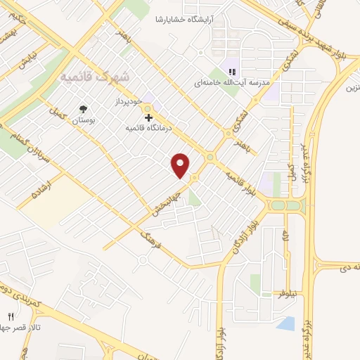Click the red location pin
[x=181, y=165]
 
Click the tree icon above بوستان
[x=84, y=109]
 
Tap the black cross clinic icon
[x=148, y=117]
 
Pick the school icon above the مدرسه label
[x=233, y=70]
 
